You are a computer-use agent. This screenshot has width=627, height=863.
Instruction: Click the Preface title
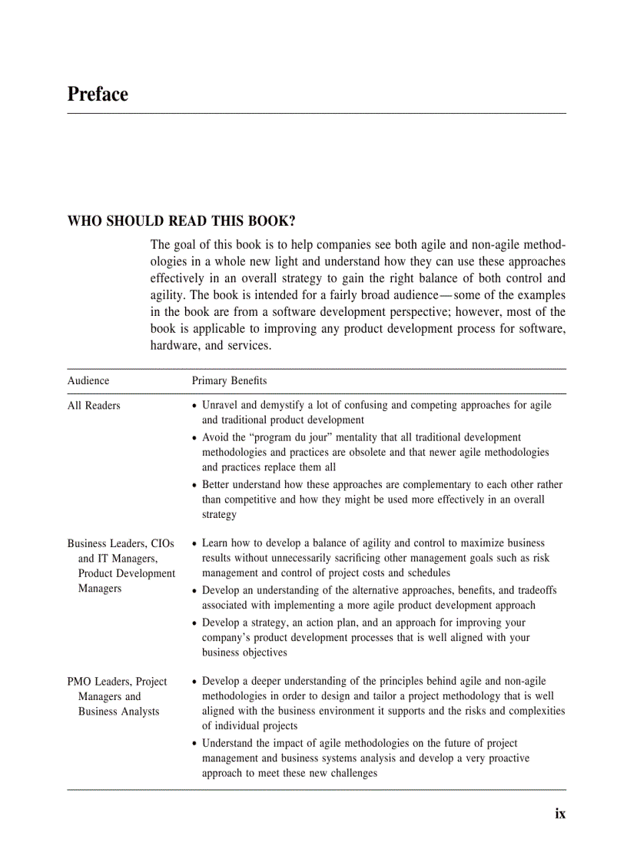pyautogui.click(x=98, y=95)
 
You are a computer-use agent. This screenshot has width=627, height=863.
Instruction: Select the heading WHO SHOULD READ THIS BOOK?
pyautogui.click(x=181, y=221)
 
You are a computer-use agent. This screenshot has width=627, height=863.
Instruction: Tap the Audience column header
pyautogui.click(x=88, y=380)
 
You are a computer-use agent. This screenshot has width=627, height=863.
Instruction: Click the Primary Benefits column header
pyautogui.click(x=229, y=380)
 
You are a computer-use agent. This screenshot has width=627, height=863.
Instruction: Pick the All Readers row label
pyautogui.click(x=94, y=405)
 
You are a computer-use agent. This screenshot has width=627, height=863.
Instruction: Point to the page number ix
pyautogui.click(x=560, y=813)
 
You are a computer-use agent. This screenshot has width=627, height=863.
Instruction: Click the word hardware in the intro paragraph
pyautogui.click(x=174, y=346)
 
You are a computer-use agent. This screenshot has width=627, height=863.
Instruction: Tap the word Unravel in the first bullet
pyautogui.click(x=221, y=405)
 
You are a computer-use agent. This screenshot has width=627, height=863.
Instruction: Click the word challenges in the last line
pyautogui.click(x=351, y=773)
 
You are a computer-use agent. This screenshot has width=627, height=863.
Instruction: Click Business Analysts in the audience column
pyautogui.click(x=118, y=712)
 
